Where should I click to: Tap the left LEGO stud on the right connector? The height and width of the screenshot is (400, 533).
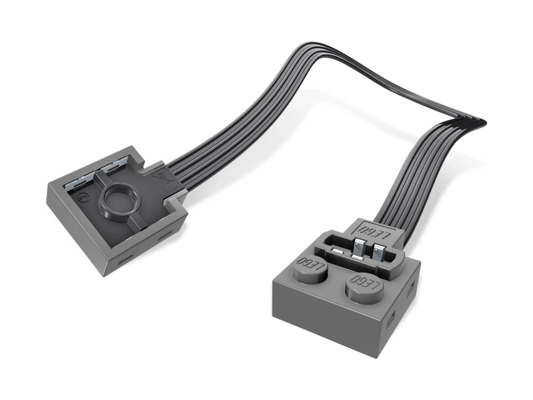click(312, 267)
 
